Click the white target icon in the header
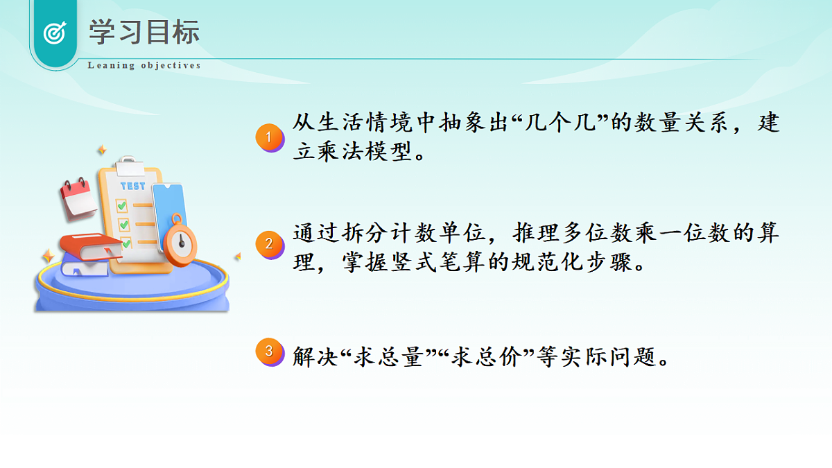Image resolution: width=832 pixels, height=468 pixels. [54, 33]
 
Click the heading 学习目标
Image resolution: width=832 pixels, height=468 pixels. [144, 33]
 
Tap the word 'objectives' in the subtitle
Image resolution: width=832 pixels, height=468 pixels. [171, 66]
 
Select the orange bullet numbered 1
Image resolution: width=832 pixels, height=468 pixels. [270, 137]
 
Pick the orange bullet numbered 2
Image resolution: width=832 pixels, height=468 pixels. [270, 244]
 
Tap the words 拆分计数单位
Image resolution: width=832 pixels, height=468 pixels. [410, 233]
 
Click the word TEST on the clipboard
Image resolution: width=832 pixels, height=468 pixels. [133, 186]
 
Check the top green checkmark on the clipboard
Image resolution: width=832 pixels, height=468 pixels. [122, 205]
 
